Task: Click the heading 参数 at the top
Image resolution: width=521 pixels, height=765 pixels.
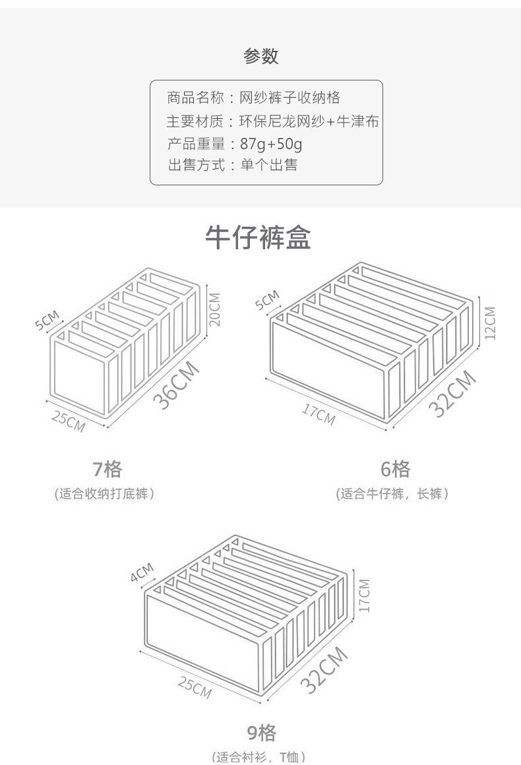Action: [x=261, y=56]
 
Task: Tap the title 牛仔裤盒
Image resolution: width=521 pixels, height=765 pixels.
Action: [x=258, y=237]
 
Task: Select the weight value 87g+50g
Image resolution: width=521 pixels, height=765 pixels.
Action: [x=271, y=144]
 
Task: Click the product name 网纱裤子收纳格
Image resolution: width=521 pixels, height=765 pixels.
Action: [x=290, y=98]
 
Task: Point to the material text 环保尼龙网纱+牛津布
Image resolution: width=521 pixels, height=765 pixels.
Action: [x=309, y=121]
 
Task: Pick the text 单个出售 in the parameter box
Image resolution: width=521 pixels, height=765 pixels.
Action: [x=269, y=165]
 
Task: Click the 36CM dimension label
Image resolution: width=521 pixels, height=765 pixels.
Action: [x=176, y=385]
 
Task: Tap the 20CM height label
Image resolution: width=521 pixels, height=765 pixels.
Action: [x=214, y=309]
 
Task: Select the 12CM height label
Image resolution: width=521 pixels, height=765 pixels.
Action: [x=490, y=323]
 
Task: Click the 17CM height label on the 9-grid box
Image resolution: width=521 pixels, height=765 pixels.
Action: [x=365, y=596]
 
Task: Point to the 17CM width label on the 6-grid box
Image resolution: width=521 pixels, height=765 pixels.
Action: [x=318, y=414]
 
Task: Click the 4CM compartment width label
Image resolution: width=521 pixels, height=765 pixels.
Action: [x=142, y=572]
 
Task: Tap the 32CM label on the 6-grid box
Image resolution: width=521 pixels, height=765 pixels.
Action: [x=452, y=394]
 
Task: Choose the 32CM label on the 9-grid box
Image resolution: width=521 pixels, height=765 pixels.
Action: [x=324, y=670]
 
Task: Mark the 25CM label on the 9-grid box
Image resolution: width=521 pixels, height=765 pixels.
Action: [x=195, y=687]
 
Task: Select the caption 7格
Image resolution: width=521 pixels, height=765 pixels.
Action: [x=107, y=470]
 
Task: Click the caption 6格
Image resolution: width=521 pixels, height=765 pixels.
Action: [x=395, y=469]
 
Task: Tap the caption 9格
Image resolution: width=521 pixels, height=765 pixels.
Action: [x=261, y=733]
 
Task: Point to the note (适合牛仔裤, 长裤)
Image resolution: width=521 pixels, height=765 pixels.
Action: [x=392, y=494]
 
